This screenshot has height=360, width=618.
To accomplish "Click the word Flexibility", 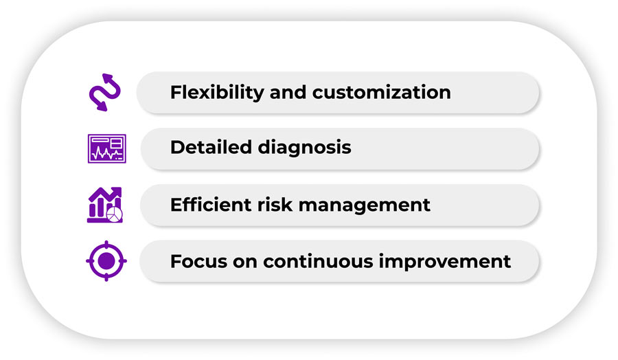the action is [217, 93].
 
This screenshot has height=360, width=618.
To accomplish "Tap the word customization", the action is [382, 92].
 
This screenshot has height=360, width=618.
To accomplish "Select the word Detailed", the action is [211, 147].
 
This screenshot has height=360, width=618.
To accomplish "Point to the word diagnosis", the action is [304, 148].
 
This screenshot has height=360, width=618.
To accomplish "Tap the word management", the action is [364, 206].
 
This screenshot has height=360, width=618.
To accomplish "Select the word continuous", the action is [318, 262].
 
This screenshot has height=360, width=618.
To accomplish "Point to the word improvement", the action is [444, 262].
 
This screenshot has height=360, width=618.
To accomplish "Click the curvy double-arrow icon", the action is [105, 92].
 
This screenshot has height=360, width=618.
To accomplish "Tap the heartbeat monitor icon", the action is [107, 148].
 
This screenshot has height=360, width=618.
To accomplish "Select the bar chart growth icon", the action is [105, 205].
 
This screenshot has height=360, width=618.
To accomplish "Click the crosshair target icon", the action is [106, 261].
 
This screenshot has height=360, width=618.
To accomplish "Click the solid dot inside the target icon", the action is [106, 261].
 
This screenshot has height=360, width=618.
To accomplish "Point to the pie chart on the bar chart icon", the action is [115, 215].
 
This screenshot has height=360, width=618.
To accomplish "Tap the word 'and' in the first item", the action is [288, 92].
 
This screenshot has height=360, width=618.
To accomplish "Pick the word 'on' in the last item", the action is [245, 262].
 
